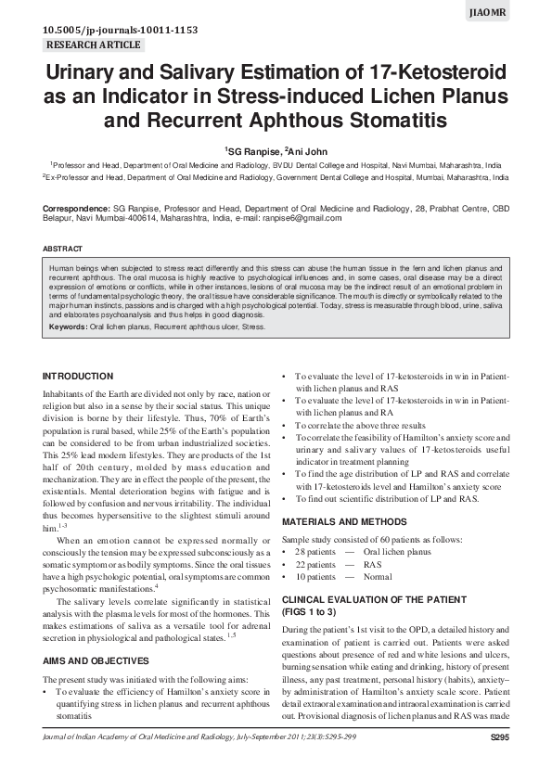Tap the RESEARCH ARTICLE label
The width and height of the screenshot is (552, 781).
point(93,45)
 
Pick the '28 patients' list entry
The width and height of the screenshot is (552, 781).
point(315,552)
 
